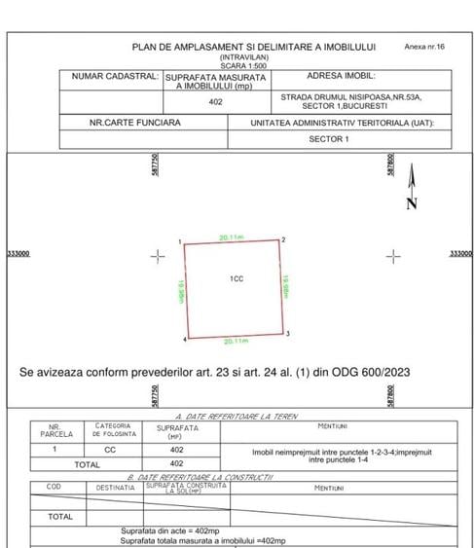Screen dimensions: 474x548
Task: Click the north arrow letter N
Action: [412, 203]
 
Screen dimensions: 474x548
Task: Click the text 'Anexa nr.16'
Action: [424, 47]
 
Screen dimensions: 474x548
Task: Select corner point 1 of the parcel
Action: [185, 243]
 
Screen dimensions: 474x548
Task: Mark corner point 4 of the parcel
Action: [188, 338]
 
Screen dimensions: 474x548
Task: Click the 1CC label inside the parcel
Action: [236, 279]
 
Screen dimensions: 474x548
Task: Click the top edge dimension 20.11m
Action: [232, 237]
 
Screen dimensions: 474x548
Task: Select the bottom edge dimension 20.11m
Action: [237, 342]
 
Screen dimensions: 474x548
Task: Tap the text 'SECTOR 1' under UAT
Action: [328, 139]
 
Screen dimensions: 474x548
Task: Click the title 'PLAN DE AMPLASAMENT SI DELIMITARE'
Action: [253, 47]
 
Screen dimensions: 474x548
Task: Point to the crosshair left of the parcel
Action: [158, 256]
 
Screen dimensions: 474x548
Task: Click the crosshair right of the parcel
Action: [392, 256]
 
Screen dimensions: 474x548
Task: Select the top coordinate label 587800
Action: [389, 164]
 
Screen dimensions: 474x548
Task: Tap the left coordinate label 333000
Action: [18, 254]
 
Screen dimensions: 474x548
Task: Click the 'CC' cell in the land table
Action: [110, 451]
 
